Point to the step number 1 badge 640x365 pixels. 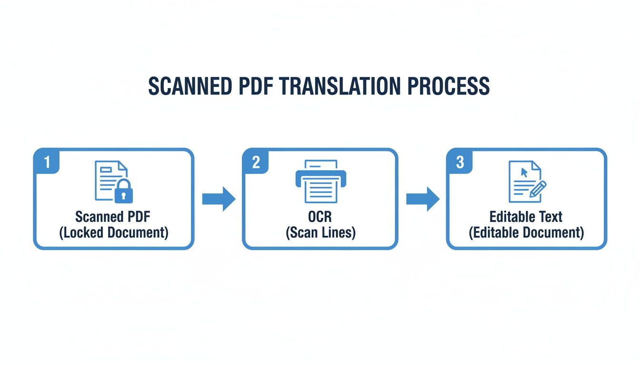tap(47, 162)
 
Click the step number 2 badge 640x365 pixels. tap(256, 162)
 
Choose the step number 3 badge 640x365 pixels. tap(460, 162)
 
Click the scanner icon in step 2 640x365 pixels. tap(320, 181)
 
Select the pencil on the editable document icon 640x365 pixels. tap(538, 189)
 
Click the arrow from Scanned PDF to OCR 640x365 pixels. tap(219, 199)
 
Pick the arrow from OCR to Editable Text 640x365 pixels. tap(422, 199)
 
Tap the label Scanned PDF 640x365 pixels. tap(113, 217)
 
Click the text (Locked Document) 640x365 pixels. tap(113, 233)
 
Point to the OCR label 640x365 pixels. tap(320, 217)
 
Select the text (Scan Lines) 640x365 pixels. tap(320, 233)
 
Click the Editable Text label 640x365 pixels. tap(526, 217)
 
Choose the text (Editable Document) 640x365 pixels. tap(526, 233)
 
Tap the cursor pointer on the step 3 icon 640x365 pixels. tap(524, 172)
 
